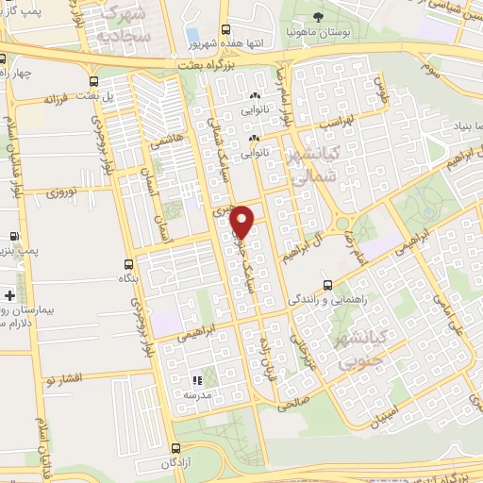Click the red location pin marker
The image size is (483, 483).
pos(243,220)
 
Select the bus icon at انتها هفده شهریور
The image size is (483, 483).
pos(225,30)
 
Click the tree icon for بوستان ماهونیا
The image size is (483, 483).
pos(318,17)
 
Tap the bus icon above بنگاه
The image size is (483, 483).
pos(130,264)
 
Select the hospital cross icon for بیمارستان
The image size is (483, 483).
pos(9,296)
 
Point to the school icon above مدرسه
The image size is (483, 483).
pos(198,381)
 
